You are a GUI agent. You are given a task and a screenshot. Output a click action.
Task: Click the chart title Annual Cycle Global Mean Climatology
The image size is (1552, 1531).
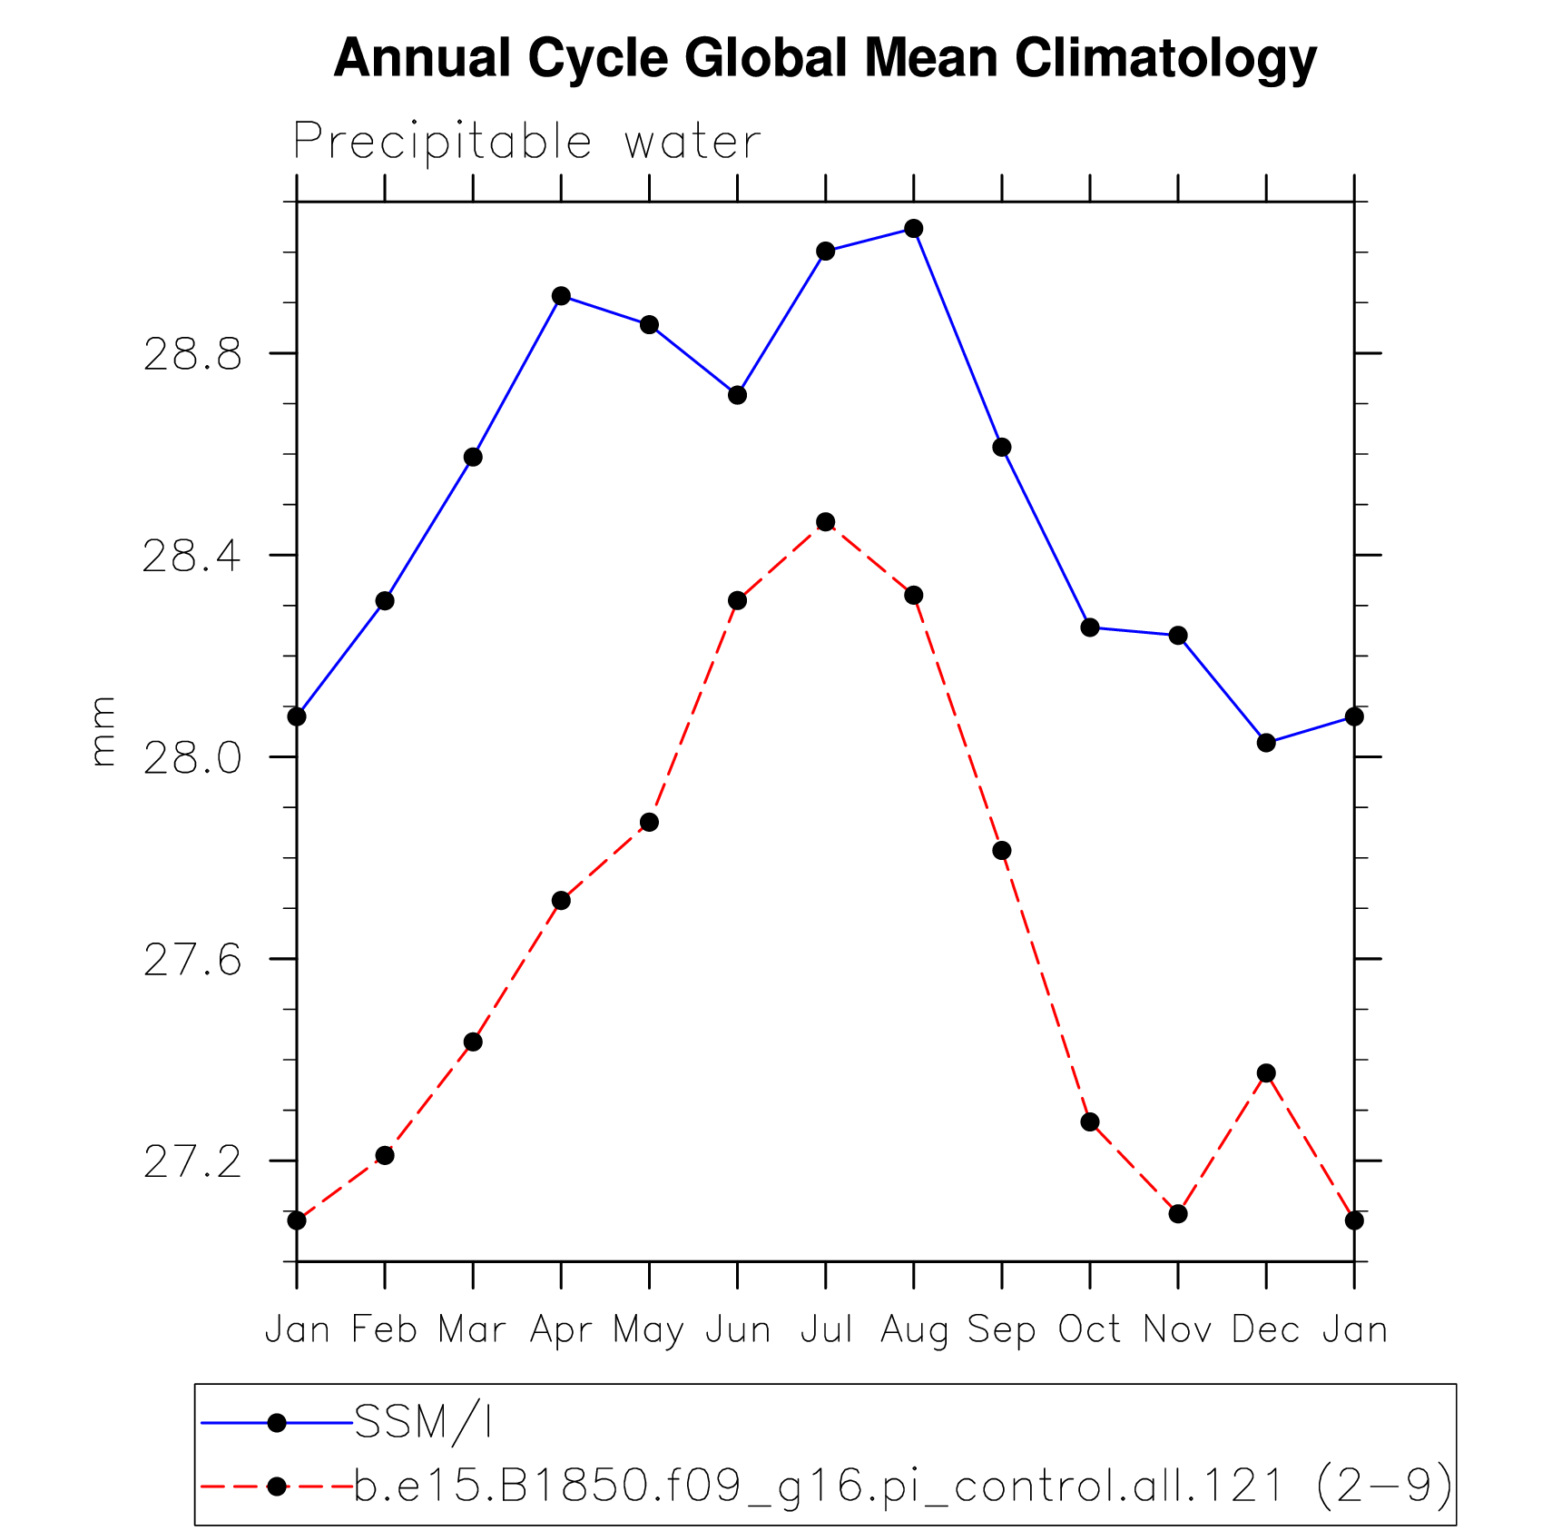click(825, 58)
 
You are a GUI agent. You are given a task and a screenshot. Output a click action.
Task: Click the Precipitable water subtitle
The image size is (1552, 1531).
click(526, 143)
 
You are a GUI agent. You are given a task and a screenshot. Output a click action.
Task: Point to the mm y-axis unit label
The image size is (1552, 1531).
click(103, 731)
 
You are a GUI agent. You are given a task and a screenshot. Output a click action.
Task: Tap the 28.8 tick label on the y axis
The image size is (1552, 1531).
click(192, 354)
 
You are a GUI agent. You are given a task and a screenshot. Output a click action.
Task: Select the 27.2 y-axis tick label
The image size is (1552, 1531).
click(192, 1162)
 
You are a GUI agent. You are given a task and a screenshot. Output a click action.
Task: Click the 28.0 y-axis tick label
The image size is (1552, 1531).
click(192, 758)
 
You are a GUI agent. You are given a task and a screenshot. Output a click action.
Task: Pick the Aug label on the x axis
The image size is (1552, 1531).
click(914, 1330)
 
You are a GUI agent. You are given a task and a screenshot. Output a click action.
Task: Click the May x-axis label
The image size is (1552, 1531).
click(648, 1330)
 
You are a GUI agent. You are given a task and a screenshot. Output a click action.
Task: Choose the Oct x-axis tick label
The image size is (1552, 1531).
click(1090, 1330)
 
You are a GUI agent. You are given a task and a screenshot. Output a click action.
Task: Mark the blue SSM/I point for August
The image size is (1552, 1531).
click(914, 229)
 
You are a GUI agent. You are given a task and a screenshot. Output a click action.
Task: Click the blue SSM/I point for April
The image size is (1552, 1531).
click(561, 296)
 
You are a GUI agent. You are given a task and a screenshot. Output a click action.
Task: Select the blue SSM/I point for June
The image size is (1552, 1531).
click(737, 395)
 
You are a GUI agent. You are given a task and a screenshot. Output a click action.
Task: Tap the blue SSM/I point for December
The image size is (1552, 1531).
click(1266, 743)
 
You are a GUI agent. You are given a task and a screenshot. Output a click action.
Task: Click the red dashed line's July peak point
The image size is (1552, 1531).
click(825, 522)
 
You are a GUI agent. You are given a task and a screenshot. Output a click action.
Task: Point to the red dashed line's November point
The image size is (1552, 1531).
click(1178, 1214)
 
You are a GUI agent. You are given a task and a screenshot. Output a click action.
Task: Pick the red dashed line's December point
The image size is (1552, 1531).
click(1266, 1073)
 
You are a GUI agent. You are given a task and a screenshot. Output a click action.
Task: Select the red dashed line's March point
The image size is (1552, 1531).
click(473, 1042)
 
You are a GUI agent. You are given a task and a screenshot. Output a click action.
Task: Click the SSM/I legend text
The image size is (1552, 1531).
click(423, 1423)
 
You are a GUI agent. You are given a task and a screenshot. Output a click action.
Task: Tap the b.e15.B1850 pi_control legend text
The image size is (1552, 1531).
click(903, 1487)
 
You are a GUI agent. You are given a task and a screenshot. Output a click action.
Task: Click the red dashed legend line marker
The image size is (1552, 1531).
click(277, 1487)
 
